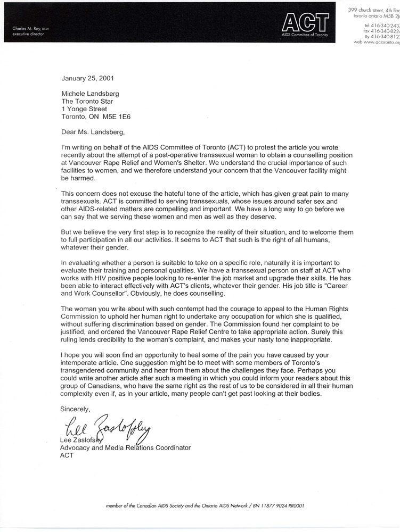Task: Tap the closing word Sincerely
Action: click(x=75, y=409)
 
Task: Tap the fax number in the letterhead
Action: click(x=380, y=31)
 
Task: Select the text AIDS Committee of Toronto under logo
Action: click(x=305, y=34)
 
